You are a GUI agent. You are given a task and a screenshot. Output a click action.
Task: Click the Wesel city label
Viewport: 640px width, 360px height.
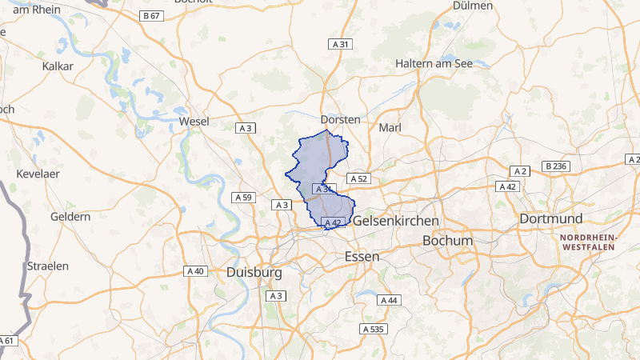[195, 121]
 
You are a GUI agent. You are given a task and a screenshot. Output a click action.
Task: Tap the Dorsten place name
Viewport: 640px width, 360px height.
[340, 118]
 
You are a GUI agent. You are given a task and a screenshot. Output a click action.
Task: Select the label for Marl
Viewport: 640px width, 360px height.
[390, 127]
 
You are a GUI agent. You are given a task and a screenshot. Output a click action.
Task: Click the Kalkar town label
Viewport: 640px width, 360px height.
[58, 66]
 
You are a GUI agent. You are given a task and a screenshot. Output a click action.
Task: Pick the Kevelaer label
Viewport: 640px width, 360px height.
[40, 173]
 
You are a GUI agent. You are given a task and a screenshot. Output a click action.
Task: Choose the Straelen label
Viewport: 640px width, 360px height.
[48, 265]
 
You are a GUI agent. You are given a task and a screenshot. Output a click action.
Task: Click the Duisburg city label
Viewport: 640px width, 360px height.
[254, 272]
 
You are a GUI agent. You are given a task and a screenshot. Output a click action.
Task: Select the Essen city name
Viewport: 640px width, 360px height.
[361, 256]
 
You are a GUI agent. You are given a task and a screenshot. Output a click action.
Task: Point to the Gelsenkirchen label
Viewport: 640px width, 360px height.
[396, 220]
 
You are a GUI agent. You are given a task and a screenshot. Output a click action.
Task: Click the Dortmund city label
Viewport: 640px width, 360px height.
[553, 218]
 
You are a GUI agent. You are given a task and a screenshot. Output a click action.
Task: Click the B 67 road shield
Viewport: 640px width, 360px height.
[150, 16]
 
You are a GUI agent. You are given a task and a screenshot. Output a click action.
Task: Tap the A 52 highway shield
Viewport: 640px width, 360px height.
[357, 178]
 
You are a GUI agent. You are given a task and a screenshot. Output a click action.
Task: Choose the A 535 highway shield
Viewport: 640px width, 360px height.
[373, 329]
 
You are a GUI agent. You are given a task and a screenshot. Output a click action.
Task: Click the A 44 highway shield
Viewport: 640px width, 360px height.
[388, 300]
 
